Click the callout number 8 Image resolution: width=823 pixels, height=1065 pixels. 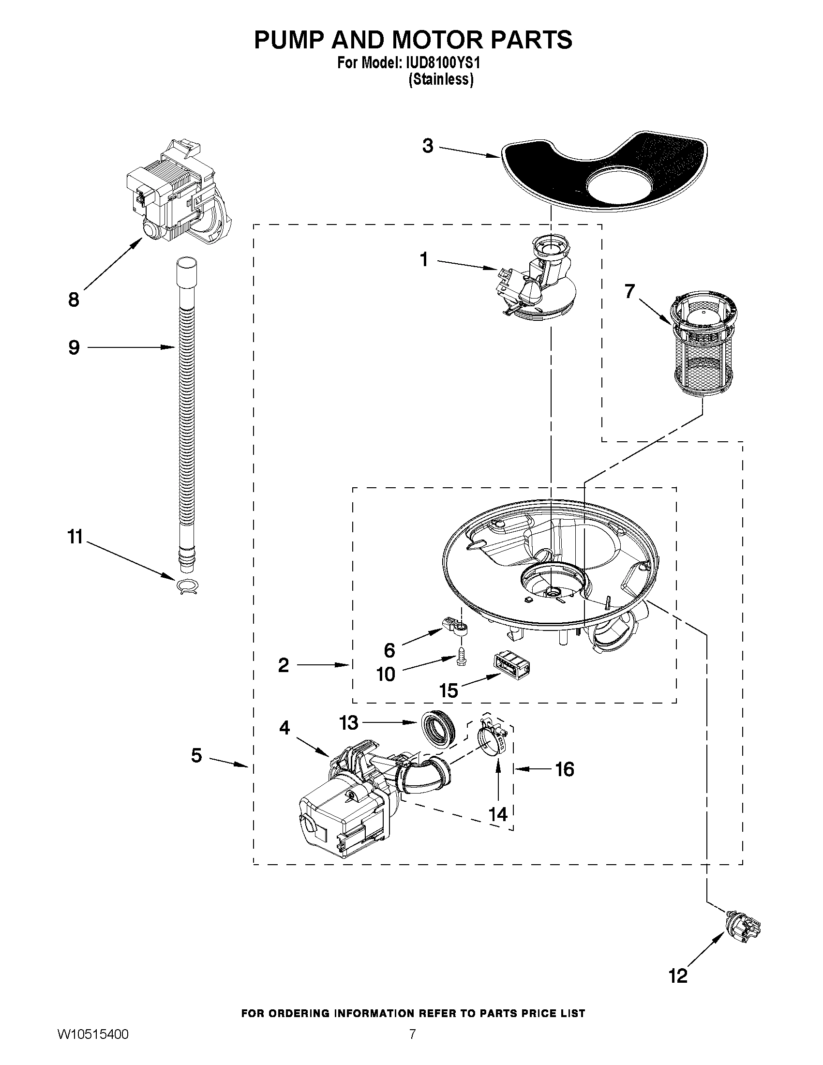tap(74, 300)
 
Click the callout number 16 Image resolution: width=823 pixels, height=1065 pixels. tap(565, 769)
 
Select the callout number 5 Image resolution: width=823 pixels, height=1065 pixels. tap(196, 755)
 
